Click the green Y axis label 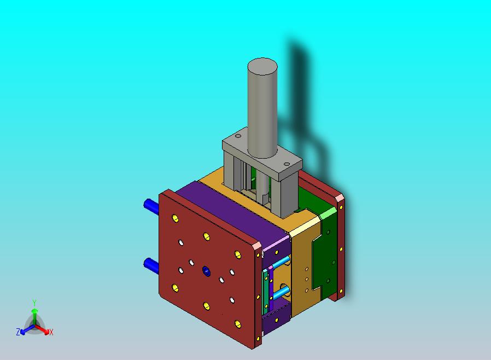click(34, 303)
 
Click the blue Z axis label click(18, 332)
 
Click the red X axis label click(51, 332)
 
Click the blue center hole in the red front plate click(206, 270)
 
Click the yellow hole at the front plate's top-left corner click(175, 219)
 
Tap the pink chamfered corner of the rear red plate click(340, 199)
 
